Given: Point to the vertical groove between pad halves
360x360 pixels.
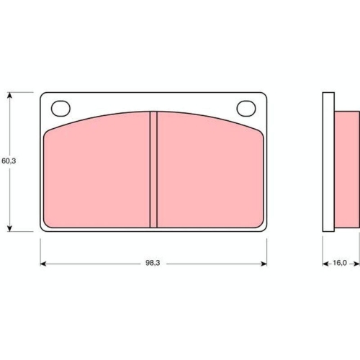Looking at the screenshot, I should click(x=153, y=170).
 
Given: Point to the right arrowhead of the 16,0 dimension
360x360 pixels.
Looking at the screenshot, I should click(x=356, y=264).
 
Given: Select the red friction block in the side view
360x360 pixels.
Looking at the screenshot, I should click(x=346, y=169).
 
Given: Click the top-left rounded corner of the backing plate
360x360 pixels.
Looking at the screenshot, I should click(x=43, y=95).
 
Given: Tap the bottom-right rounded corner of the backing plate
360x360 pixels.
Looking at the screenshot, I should click(x=263, y=228).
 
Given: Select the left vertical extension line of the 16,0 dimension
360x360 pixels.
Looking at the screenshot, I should click(x=322, y=248).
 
